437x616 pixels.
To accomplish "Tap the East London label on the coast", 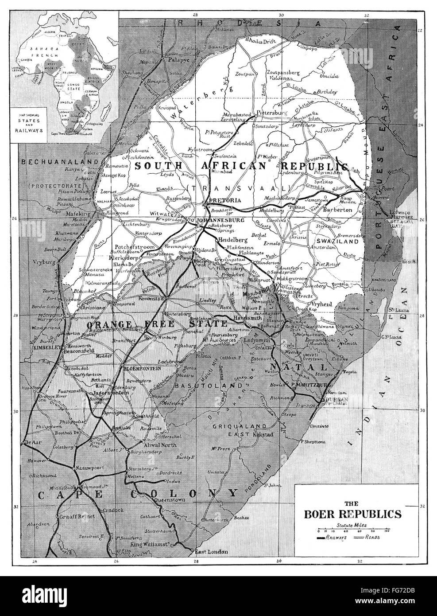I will [x=210, y=552].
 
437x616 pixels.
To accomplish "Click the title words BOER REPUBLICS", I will [x=352, y=514].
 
